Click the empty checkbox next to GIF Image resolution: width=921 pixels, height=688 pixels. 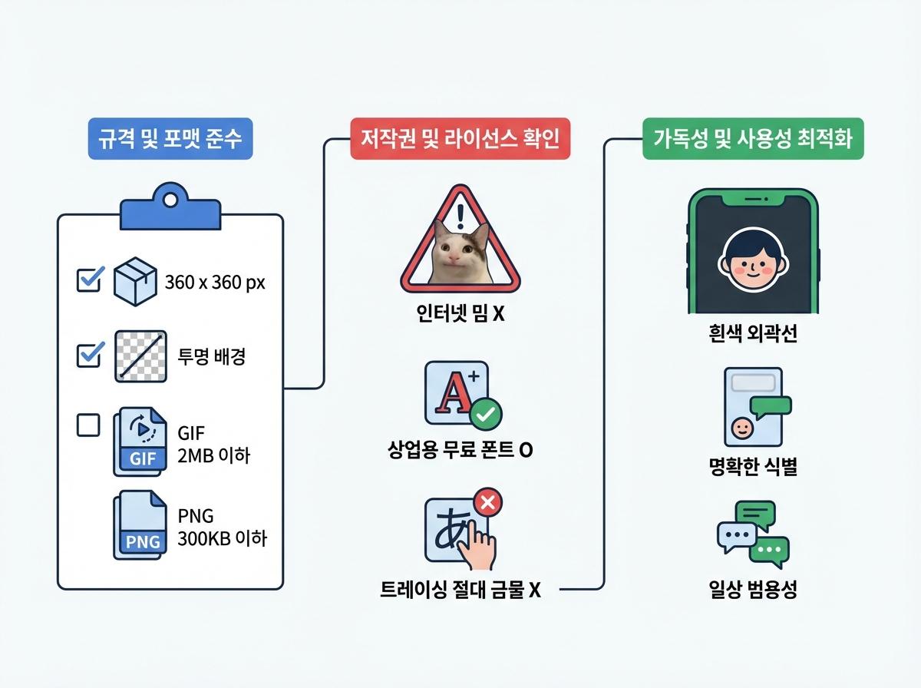point(89,425)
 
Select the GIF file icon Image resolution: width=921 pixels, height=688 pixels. point(140,440)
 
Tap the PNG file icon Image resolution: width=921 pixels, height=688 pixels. point(140,524)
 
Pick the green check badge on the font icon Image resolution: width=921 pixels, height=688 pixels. point(485,415)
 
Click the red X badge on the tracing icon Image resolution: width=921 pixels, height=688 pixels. point(489,503)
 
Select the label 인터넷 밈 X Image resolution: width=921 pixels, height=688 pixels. point(460,315)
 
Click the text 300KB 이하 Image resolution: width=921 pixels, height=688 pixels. point(221,539)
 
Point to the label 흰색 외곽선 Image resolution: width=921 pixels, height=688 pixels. point(752,335)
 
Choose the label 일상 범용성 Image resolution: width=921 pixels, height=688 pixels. point(752,590)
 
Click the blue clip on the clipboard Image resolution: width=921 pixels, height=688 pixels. point(169,207)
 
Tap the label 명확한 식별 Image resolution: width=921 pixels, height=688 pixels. point(752,466)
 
